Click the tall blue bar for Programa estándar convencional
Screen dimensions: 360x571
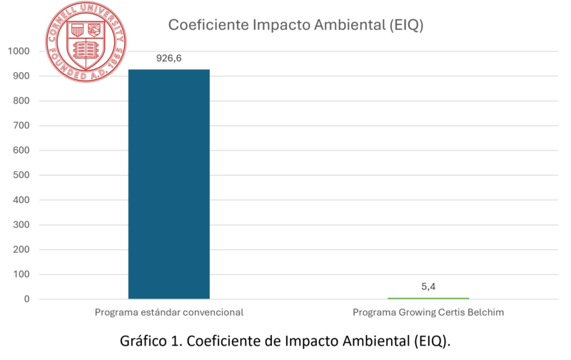click(169, 184)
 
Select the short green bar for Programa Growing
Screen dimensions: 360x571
click(428, 297)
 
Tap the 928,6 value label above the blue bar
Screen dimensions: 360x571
click(169, 59)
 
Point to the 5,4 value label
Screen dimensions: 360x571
click(428, 286)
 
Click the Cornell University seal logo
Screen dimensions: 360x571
click(86, 41)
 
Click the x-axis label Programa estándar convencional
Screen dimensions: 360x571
click(169, 313)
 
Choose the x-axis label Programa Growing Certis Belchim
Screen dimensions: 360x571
click(428, 313)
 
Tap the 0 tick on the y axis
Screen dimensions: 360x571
click(26, 299)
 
